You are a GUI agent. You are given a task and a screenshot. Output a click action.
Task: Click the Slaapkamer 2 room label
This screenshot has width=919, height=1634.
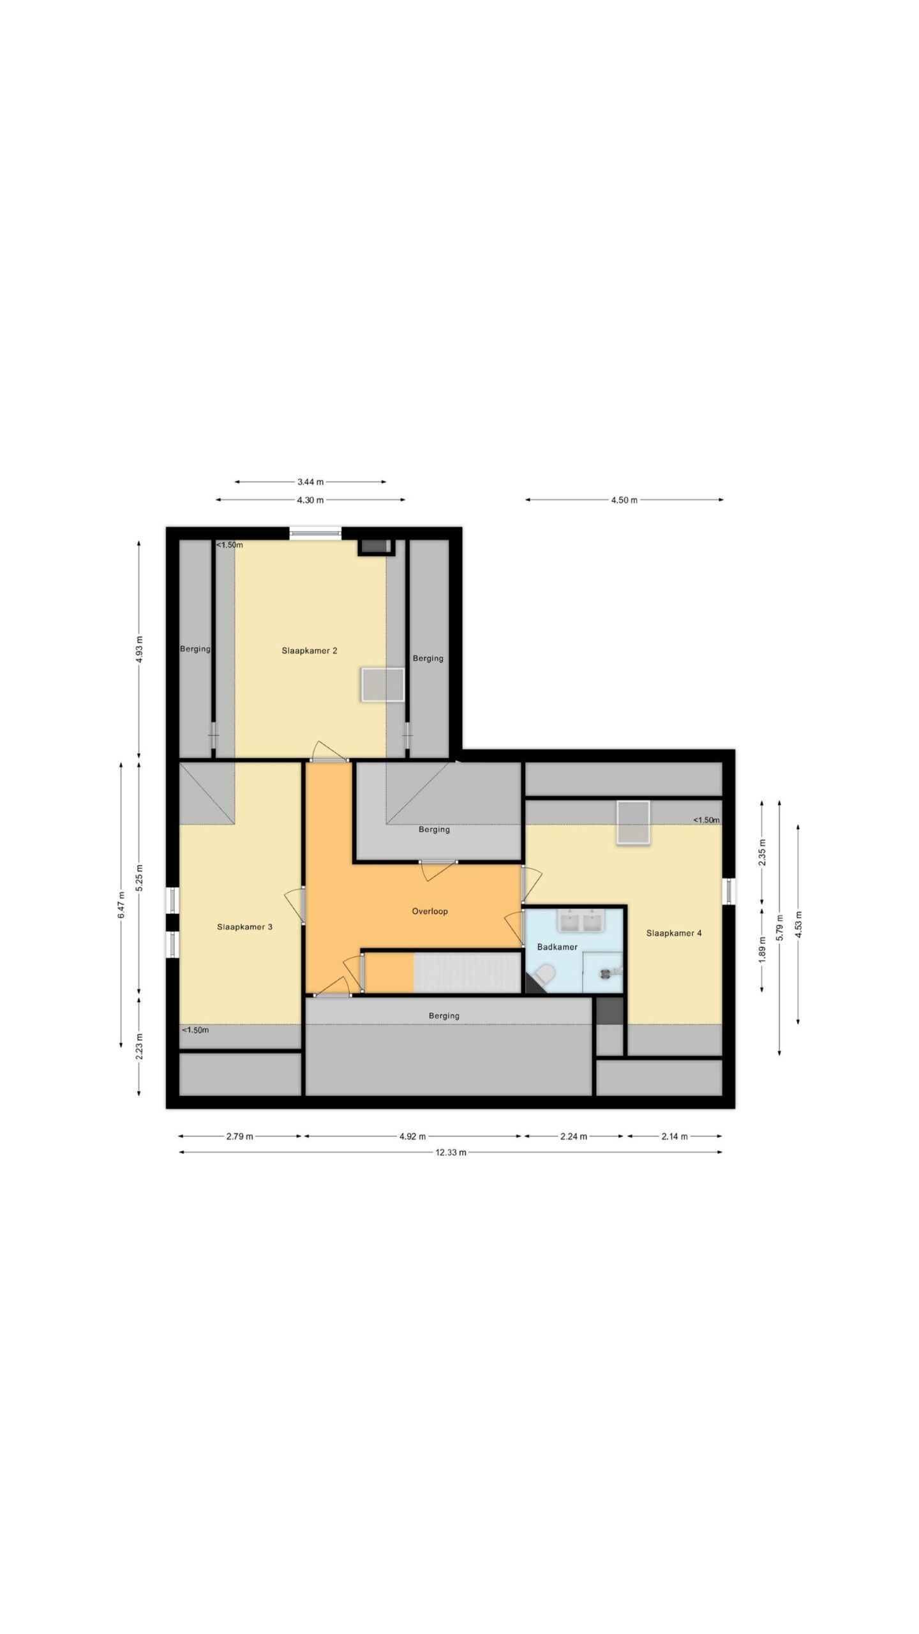tap(310, 651)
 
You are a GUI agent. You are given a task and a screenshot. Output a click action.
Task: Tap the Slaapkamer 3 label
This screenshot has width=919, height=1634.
tap(244, 927)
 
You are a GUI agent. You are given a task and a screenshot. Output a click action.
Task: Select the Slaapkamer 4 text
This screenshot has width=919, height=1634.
tap(674, 933)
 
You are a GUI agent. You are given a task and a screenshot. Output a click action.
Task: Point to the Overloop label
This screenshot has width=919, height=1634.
tap(430, 911)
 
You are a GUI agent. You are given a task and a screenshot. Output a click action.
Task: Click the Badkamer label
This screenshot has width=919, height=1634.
tap(557, 947)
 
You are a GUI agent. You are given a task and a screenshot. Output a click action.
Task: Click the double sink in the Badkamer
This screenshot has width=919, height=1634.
tap(579, 920)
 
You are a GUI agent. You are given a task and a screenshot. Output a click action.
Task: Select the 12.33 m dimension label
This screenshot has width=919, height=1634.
tap(451, 1152)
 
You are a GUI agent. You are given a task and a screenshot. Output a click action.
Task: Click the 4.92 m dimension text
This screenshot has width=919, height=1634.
tap(412, 1136)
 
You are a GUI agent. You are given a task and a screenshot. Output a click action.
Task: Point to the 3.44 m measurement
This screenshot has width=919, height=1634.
tap(310, 482)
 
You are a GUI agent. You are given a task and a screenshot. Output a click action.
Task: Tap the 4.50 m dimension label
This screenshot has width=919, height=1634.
tap(624, 500)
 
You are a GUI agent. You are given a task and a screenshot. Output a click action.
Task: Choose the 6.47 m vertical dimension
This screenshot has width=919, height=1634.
tap(121, 905)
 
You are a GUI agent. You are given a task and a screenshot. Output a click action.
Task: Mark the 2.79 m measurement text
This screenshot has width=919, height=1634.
tap(239, 1136)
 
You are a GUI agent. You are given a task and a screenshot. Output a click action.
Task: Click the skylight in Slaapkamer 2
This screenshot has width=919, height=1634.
tap(383, 685)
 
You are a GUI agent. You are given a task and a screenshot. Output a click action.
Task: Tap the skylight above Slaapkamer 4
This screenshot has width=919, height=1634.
tap(633, 823)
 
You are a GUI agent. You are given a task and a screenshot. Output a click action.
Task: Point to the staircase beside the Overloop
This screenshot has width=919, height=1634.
tap(467, 972)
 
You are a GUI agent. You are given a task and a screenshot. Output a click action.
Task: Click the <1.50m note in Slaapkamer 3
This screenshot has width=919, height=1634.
tap(195, 1030)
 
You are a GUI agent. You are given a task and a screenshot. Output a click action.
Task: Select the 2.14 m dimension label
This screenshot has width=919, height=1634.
tap(674, 1136)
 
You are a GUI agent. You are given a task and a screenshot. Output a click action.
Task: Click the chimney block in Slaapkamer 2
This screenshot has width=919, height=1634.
tap(376, 546)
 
